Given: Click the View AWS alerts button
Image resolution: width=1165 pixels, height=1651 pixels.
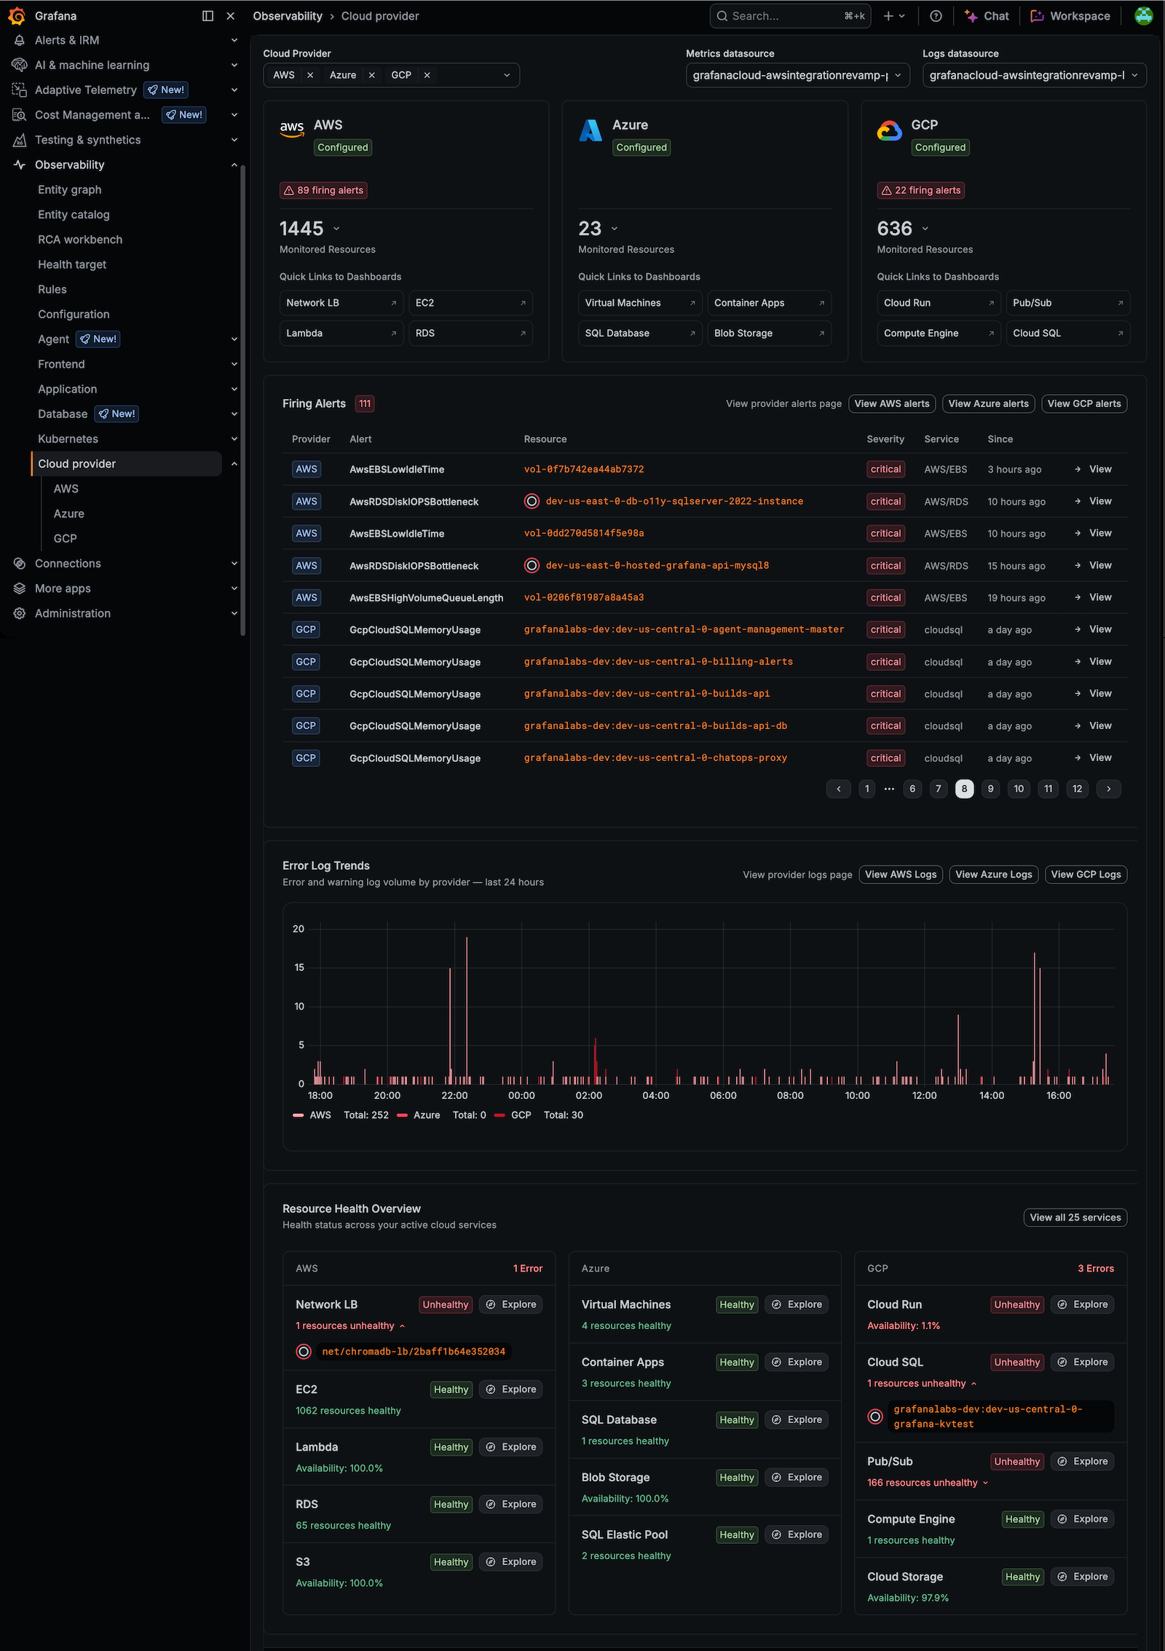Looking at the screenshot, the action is (892, 403).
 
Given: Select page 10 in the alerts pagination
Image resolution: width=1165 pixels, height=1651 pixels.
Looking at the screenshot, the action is (1019, 789).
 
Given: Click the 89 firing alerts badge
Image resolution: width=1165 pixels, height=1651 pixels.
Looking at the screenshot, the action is (323, 190).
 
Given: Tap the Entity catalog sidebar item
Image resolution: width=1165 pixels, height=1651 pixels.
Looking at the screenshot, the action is (74, 214).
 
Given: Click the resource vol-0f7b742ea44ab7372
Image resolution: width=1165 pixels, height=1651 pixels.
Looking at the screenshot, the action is (584, 469).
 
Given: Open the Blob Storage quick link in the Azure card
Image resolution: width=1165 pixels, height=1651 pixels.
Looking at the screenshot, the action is (769, 333).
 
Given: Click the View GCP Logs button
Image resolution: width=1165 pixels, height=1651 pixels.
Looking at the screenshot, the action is (1086, 875).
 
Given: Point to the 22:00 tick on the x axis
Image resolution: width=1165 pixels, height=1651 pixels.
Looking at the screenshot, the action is (454, 1095).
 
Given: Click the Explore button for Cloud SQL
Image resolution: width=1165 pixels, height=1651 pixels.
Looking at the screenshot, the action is (1082, 1362).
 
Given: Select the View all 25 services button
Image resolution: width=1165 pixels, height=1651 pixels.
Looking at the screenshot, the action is (1075, 1218).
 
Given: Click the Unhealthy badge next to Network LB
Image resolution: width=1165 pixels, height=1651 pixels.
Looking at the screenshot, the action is (446, 1304).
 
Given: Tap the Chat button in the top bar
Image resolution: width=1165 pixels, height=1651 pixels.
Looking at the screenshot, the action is (987, 16).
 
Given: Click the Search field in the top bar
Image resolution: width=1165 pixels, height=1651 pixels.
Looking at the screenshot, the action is (790, 16).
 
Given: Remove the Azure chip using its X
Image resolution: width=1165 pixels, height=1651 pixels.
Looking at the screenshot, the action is (371, 75).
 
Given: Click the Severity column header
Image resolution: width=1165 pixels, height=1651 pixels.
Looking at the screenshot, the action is (885, 439).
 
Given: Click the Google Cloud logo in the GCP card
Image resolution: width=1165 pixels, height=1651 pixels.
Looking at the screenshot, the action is (890, 131).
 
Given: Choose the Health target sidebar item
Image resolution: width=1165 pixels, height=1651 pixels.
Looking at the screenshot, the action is (72, 264).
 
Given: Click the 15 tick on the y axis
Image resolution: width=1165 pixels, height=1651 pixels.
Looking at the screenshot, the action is (299, 967).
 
